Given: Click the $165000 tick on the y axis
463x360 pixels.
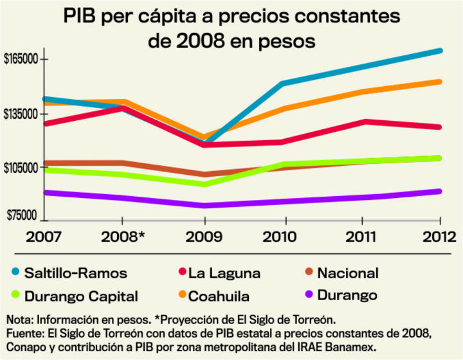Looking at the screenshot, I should click(21, 59).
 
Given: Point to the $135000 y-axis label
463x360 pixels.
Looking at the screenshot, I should click(21, 114).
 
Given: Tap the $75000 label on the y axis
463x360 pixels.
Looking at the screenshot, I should click(21, 217).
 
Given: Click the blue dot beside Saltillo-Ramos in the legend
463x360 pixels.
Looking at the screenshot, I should click(15, 273).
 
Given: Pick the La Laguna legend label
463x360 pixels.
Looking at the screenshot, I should click(225, 273).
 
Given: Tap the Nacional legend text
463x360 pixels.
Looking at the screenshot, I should click(348, 273).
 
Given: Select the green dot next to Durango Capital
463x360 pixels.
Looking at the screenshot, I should click(15, 296).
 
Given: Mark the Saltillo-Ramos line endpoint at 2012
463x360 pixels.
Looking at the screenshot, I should click(440, 50).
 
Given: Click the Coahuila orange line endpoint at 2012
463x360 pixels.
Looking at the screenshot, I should click(440, 82).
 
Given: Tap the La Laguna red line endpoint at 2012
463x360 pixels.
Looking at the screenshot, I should click(440, 127).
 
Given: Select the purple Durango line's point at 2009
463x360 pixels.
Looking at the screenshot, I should click(204, 206).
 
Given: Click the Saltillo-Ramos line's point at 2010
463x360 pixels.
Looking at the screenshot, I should click(284, 84).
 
